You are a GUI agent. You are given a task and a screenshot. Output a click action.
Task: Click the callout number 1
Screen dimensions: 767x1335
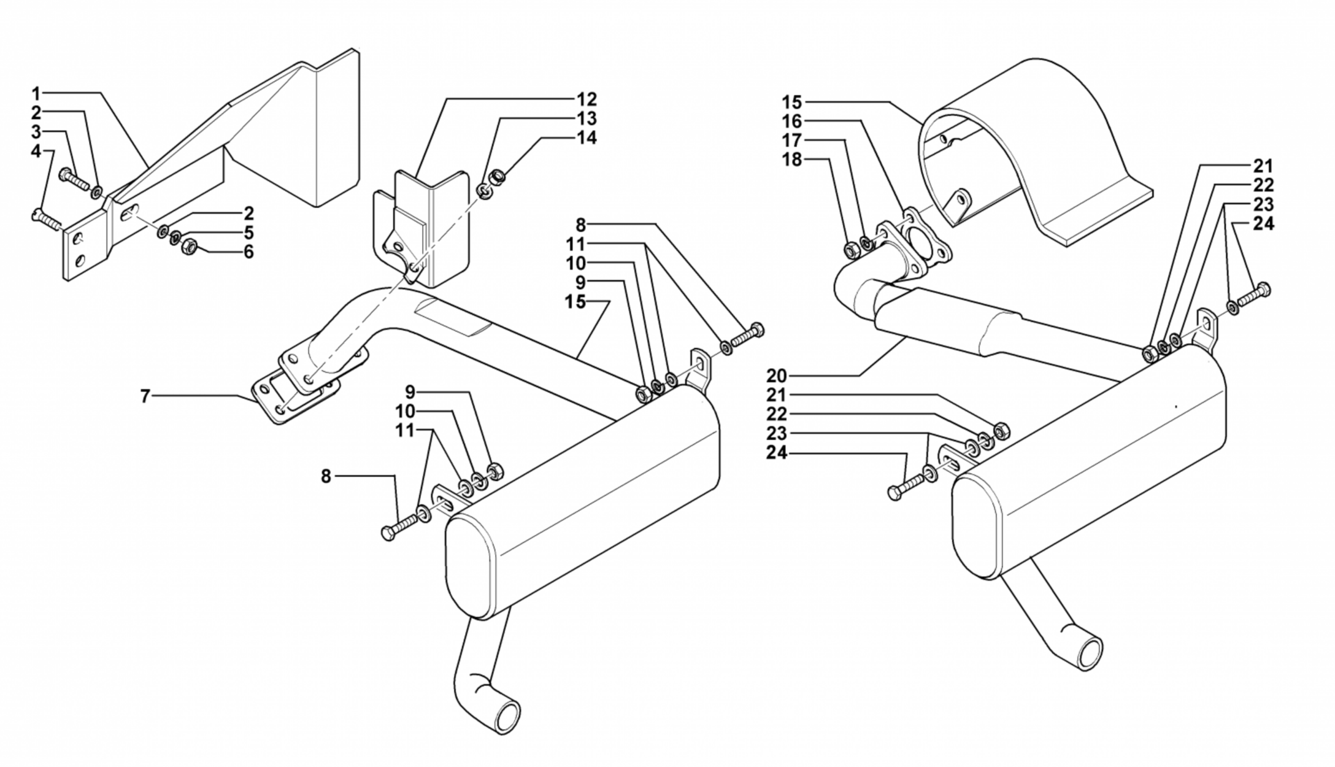(36, 94)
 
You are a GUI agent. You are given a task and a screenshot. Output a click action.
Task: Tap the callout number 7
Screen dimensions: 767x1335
(145, 396)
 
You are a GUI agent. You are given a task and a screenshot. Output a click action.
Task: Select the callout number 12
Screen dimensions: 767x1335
(586, 99)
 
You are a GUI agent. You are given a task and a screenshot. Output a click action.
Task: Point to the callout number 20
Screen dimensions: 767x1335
(775, 375)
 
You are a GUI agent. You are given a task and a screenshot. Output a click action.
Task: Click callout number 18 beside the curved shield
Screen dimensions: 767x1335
(792, 160)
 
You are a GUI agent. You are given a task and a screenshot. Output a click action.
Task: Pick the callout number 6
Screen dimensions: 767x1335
(248, 252)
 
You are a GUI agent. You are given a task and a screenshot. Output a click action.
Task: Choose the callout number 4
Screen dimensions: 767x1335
(36, 151)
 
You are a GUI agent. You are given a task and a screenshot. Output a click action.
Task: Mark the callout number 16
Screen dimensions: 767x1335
(792, 121)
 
